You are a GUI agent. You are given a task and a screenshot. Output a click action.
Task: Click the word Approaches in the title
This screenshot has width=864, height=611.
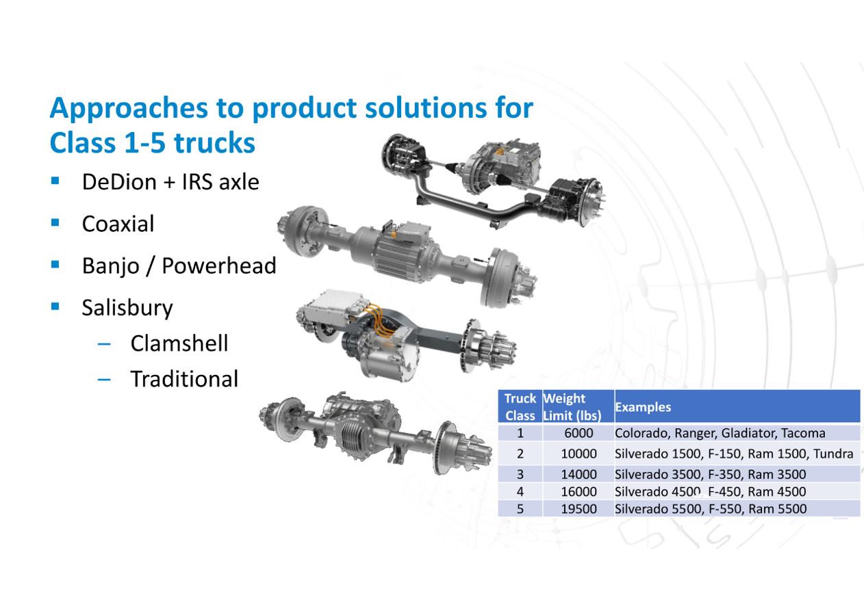pyautogui.click(x=129, y=108)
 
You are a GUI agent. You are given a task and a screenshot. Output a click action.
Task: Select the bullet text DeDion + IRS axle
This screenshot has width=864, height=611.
pyautogui.click(x=170, y=182)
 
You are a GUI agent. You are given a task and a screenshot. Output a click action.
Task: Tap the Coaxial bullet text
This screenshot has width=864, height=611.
pyautogui.click(x=118, y=224)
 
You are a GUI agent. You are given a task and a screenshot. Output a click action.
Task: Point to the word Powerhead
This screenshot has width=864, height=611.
pyautogui.click(x=219, y=265)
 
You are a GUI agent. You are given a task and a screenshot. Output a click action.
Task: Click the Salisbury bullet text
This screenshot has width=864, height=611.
pyautogui.click(x=127, y=309)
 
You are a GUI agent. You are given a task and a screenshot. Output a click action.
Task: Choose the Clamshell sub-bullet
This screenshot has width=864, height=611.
pyautogui.click(x=179, y=343)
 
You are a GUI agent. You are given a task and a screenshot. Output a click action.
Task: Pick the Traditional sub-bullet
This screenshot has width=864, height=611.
pyautogui.click(x=184, y=379)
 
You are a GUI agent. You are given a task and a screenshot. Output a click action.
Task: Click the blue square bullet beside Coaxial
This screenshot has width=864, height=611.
pyautogui.click(x=55, y=222)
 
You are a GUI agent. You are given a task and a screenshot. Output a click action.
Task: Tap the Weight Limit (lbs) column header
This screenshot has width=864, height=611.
pyautogui.click(x=572, y=407)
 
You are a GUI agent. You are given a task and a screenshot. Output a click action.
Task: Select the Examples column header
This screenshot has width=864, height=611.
pyautogui.click(x=643, y=407)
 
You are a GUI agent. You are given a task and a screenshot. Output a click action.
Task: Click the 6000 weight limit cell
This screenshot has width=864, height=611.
pyautogui.click(x=579, y=433)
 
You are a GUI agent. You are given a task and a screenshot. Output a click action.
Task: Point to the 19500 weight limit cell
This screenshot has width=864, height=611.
pyautogui.click(x=579, y=509)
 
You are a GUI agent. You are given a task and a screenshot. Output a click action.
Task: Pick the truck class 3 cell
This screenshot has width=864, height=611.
pyautogui.click(x=520, y=474)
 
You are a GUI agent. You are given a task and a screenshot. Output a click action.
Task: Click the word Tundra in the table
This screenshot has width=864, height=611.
pyautogui.click(x=833, y=454)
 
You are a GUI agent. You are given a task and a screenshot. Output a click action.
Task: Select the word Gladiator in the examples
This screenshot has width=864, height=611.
pyautogui.click(x=750, y=433)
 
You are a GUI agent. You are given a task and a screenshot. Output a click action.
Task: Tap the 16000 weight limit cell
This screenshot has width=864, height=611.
pyautogui.click(x=579, y=491)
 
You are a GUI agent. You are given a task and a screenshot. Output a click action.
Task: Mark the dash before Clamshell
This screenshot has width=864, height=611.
pyautogui.click(x=104, y=343)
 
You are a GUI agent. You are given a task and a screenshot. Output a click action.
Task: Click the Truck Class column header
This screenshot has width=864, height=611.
pyautogui.click(x=520, y=407)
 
